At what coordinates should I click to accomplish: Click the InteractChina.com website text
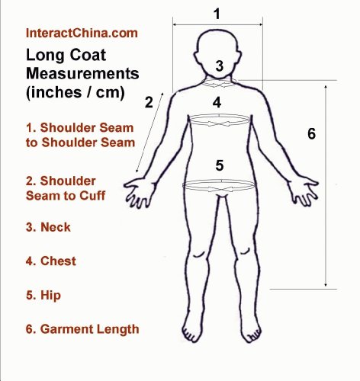(82, 33)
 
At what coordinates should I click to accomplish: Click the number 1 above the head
(217, 14)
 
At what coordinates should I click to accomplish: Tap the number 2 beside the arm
(149, 102)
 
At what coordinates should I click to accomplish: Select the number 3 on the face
(220, 66)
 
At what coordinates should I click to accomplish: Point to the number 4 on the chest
(217, 103)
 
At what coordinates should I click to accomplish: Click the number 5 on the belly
(220, 165)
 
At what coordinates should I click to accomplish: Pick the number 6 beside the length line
(312, 133)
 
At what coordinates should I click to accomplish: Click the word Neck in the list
(56, 227)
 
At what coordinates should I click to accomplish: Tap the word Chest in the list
(58, 261)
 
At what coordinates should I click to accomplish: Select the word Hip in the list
(50, 296)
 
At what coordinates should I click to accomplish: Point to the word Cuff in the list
(92, 196)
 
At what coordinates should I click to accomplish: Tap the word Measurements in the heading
(82, 74)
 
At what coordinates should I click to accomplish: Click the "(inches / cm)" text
(76, 92)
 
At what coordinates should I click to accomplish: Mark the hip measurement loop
(219, 190)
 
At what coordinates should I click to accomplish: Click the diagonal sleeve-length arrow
(150, 133)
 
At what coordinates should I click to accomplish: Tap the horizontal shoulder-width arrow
(217, 24)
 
